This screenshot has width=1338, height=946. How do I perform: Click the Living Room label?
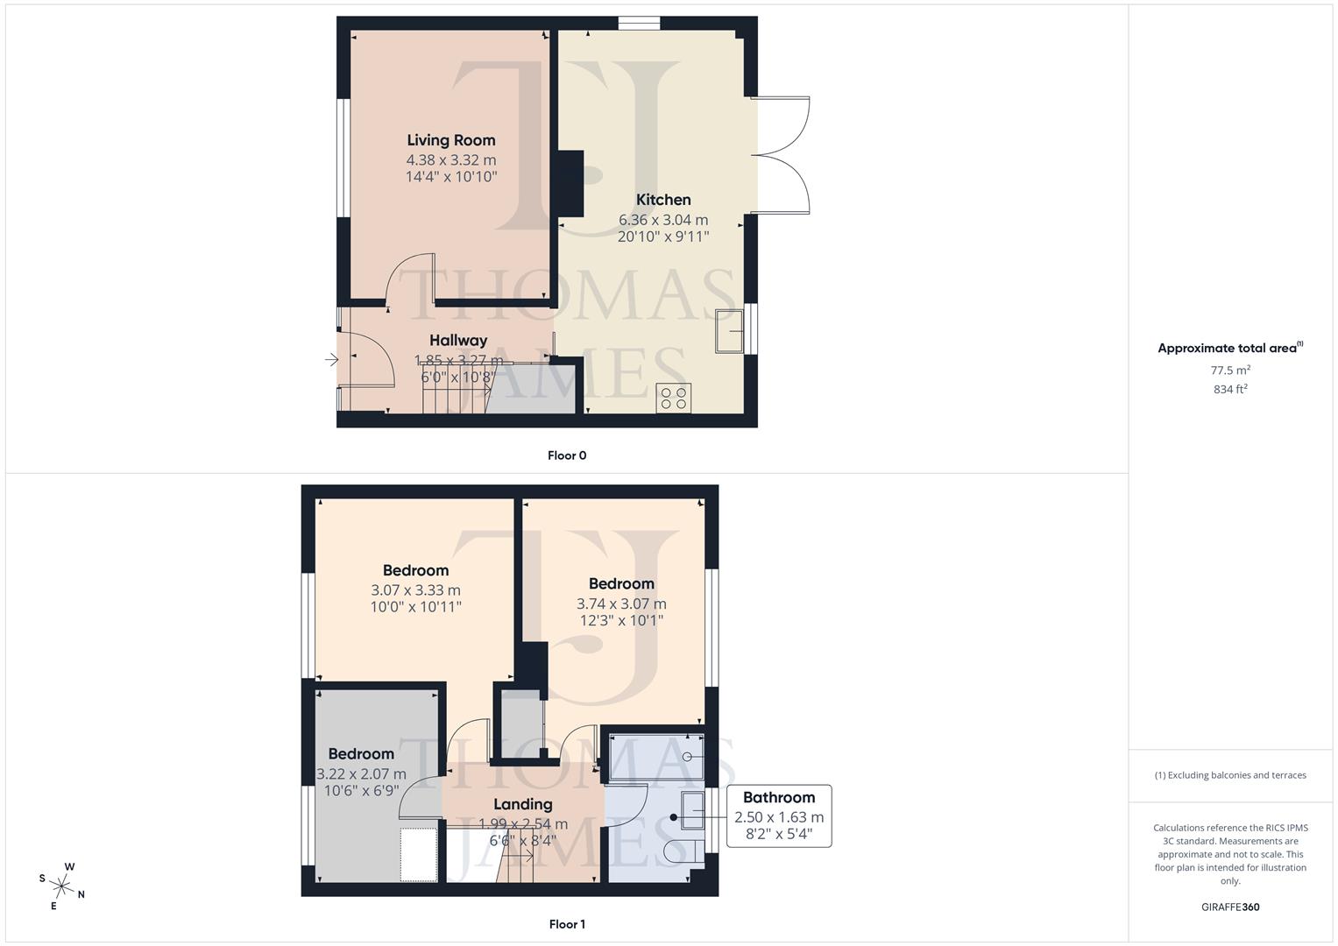point(451,140)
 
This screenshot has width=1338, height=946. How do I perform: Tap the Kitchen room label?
point(663,200)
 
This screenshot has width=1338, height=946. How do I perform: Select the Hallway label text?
point(458,340)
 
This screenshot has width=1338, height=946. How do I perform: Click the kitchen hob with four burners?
point(674,398)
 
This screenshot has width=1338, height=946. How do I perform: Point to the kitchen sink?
point(729,331)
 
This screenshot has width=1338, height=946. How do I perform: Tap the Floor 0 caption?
point(567,455)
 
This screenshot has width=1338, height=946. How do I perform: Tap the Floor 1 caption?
point(567,924)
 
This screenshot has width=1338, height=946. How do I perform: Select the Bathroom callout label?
point(779,797)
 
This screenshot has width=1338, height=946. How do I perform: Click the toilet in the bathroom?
point(681,851)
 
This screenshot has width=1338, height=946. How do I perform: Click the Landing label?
point(523,804)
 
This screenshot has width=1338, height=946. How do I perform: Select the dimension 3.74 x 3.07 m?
point(621,604)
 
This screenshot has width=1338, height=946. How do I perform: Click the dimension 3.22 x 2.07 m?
point(361,774)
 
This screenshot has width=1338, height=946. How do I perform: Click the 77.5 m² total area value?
point(1230,371)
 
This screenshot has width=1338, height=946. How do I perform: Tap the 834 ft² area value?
point(1230,390)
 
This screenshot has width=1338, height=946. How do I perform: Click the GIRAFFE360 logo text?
point(1230,907)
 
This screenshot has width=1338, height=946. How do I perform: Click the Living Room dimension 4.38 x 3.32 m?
point(451,160)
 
